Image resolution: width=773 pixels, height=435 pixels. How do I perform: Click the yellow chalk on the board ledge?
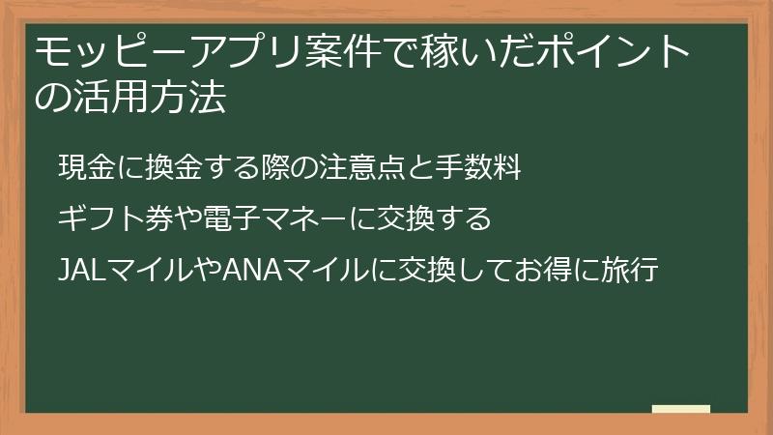click(681, 410)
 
